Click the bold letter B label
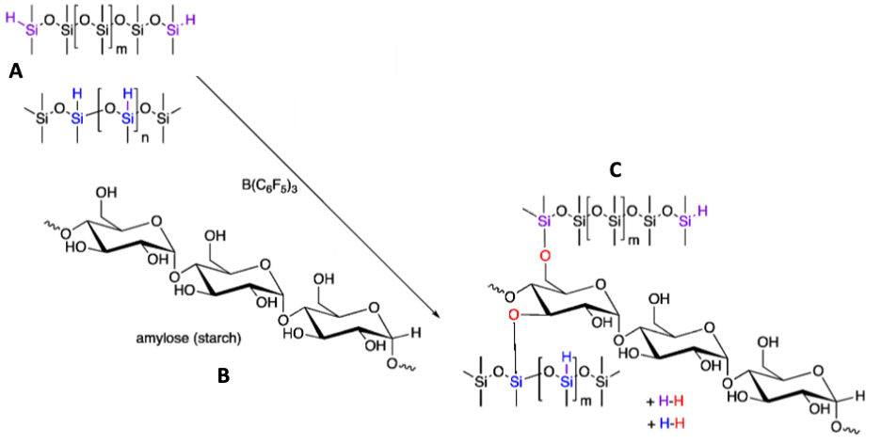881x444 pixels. (223, 375)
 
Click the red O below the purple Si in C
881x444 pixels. (544, 255)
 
